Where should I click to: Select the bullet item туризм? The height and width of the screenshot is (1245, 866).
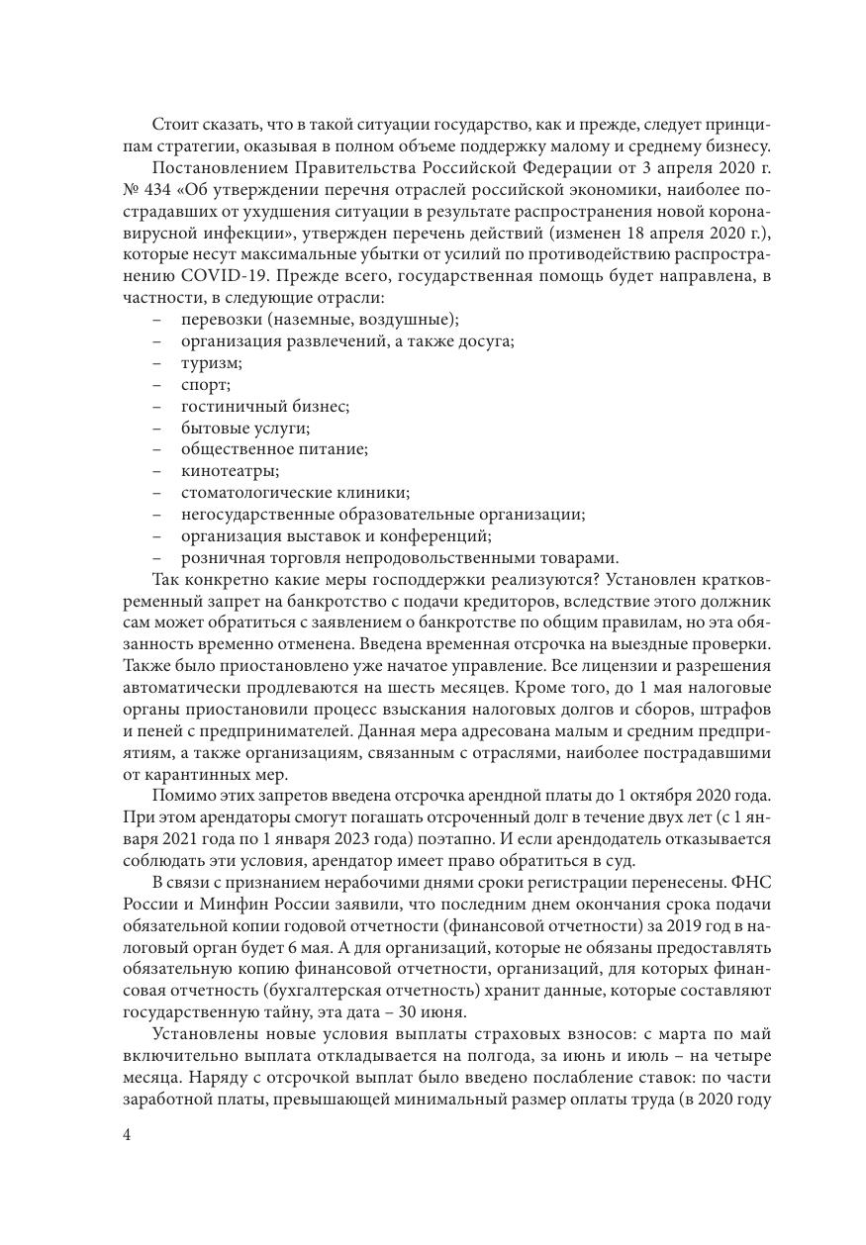tap(211, 363)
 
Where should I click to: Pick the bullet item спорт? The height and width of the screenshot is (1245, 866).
tap(205, 385)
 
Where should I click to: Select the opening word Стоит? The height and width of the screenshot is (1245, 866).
tap(174, 125)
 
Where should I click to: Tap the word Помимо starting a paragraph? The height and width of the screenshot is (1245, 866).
tap(182, 795)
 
